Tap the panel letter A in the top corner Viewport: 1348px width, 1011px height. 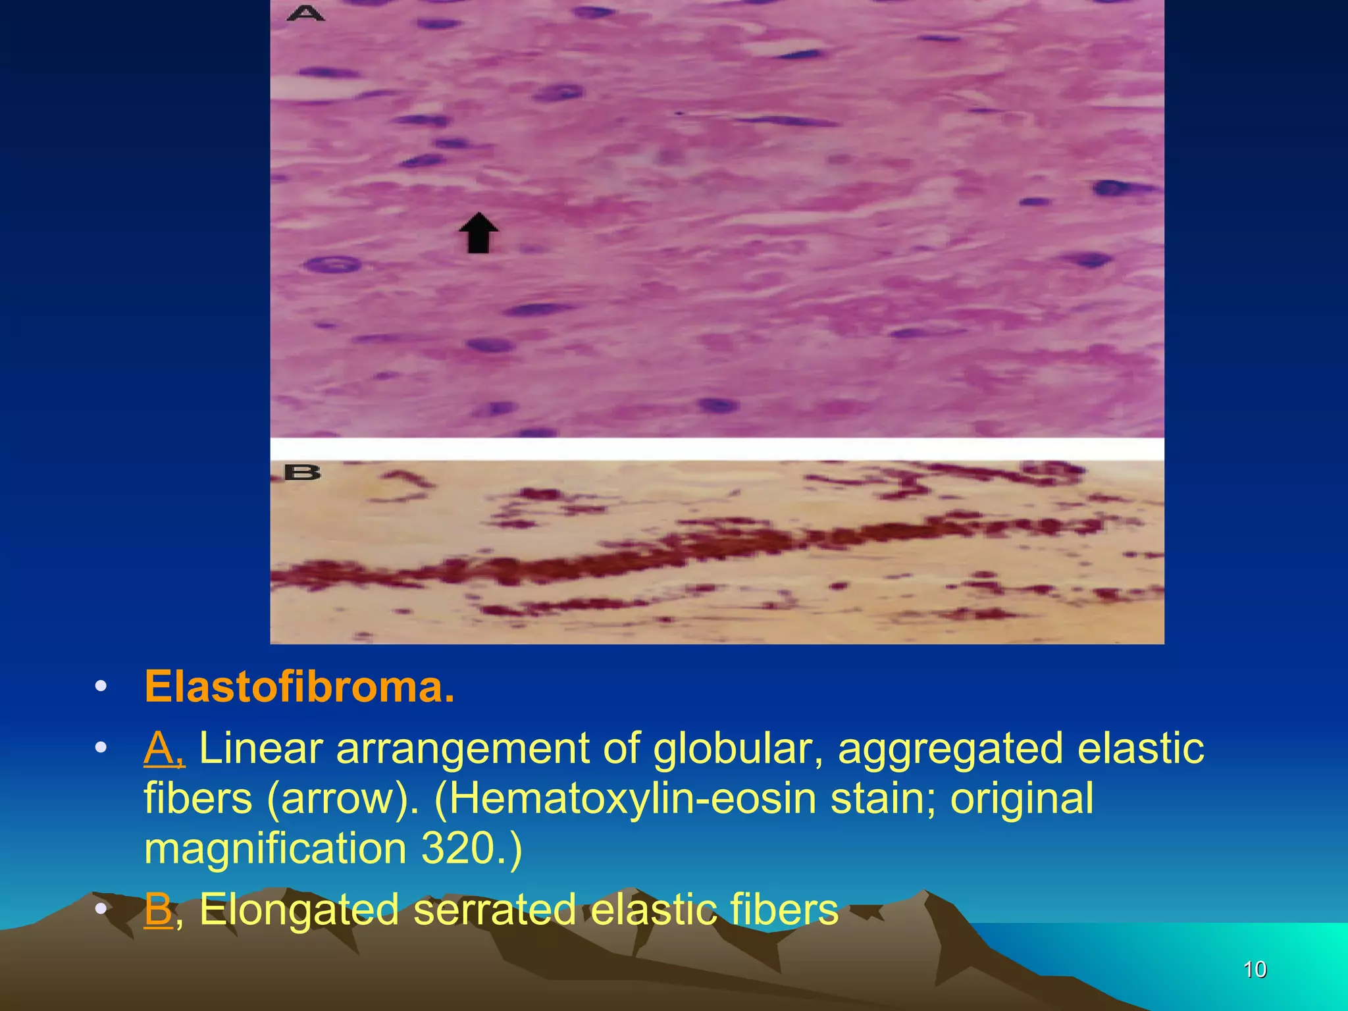click(305, 13)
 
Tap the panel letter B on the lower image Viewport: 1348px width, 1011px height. click(302, 473)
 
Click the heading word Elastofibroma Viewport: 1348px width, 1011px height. click(299, 687)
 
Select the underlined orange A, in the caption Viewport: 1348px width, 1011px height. click(164, 749)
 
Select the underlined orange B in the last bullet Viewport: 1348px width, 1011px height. click(158, 910)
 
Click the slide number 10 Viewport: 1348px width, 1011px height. click(1255, 970)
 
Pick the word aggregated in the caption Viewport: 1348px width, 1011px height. click(950, 749)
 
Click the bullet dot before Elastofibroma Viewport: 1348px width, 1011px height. click(100, 687)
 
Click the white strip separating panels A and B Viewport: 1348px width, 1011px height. click(717, 449)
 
